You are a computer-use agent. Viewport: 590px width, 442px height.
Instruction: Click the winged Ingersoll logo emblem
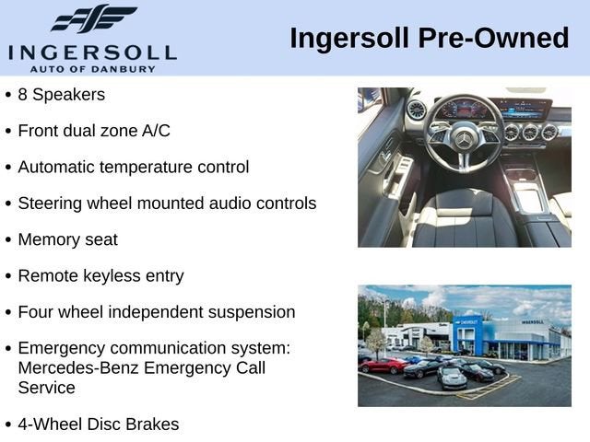click(94, 18)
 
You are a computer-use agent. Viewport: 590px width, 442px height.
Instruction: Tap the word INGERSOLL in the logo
click(92, 53)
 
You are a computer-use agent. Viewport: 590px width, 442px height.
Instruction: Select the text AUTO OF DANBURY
click(92, 69)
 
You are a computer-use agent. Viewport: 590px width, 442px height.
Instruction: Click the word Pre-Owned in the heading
click(493, 38)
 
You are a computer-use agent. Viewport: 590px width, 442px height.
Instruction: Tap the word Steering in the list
click(50, 204)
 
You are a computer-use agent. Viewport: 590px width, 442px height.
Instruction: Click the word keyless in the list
click(112, 276)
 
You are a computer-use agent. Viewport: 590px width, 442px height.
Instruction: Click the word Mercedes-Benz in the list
click(78, 367)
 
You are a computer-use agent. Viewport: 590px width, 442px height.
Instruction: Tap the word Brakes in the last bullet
click(152, 425)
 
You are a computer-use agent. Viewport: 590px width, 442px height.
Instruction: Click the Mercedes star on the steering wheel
click(464, 141)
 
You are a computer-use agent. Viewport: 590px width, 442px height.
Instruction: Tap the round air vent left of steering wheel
click(416, 110)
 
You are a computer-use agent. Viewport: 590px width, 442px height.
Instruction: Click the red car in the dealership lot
click(383, 365)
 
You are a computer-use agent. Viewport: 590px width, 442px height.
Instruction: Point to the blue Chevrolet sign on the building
click(469, 322)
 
